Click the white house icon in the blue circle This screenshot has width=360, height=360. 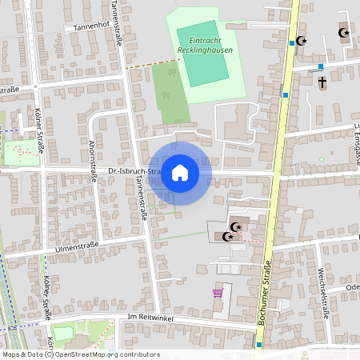(x=180, y=172)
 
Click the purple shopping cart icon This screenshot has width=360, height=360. (x=218, y=293)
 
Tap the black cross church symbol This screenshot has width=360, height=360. (x=323, y=82)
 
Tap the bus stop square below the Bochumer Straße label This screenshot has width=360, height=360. (x=259, y=345)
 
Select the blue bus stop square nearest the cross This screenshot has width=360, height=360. (x=321, y=67)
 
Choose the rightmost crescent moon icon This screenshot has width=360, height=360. (x=344, y=34)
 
